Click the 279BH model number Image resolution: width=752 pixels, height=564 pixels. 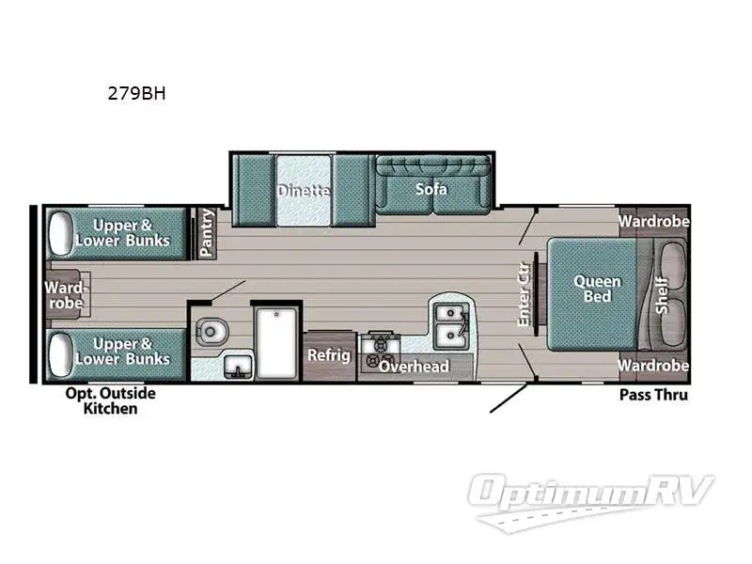[138, 93]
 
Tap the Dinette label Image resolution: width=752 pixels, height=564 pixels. [304, 191]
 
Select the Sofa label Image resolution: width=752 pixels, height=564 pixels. [431, 189]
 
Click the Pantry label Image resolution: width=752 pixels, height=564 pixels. [207, 232]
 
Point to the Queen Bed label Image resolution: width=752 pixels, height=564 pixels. [597, 289]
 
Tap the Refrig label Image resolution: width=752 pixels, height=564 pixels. [329, 355]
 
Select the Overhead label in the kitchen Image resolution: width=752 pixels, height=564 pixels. [414, 366]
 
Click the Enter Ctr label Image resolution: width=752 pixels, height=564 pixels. [525, 293]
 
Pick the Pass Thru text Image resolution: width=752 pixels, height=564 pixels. [653, 395]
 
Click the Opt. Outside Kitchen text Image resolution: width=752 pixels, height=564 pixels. [110, 400]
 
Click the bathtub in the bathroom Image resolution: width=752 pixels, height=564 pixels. [277, 342]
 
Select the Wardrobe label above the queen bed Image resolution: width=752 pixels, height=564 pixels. [654, 222]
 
